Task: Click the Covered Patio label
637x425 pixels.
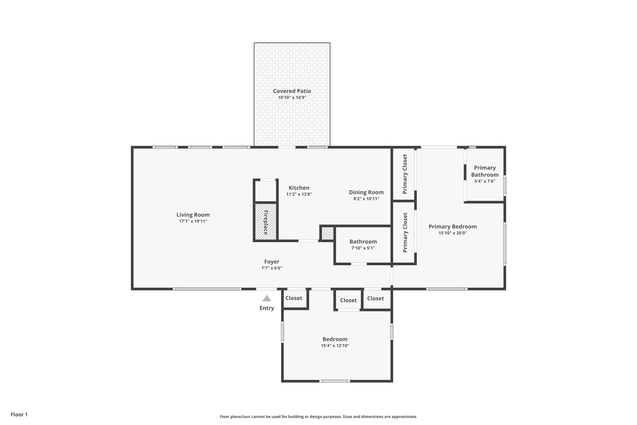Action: (292, 91)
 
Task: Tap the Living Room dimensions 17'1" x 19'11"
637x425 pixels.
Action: (193, 221)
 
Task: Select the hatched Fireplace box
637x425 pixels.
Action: (266, 222)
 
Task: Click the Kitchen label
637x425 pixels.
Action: (299, 188)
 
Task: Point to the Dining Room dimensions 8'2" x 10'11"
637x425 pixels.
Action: (366, 199)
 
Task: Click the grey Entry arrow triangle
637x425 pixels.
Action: (267, 299)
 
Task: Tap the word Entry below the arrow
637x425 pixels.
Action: (267, 308)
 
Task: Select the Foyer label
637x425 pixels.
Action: (272, 262)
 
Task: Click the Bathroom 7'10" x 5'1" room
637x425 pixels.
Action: (363, 245)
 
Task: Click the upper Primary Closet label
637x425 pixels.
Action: (405, 174)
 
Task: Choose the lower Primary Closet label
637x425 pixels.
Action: (405, 232)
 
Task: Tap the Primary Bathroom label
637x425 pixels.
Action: (485, 171)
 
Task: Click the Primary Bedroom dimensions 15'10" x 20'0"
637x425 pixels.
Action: (453, 233)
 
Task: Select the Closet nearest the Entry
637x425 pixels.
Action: (294, 298)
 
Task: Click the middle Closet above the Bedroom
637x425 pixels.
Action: (348, 300)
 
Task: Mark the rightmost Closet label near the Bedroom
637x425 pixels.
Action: (375, 298)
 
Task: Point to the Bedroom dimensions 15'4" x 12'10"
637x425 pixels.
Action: (335, 346)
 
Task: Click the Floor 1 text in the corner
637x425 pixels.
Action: (19, 414)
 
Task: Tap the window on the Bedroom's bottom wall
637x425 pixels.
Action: (335, 381)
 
